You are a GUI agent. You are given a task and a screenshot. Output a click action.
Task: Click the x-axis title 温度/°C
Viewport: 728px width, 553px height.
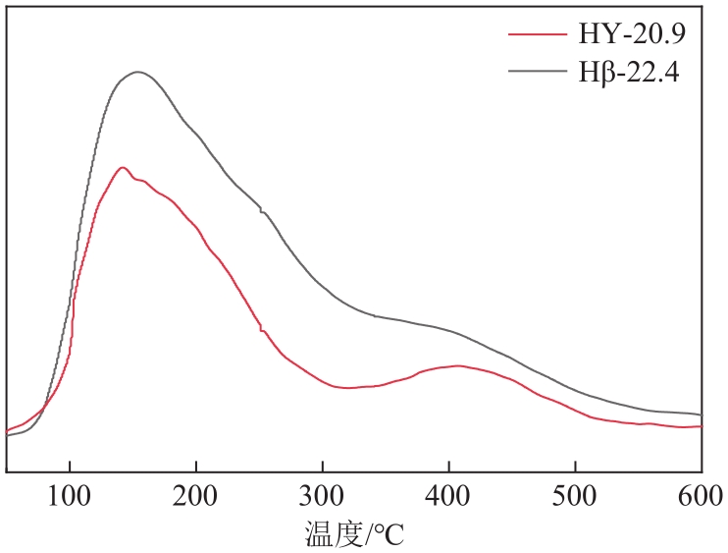coord(354,534)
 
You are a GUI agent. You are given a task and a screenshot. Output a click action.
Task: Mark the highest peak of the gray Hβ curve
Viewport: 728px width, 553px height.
coord(137,72)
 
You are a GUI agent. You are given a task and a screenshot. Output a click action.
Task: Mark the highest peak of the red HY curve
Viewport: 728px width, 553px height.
coord(122,167)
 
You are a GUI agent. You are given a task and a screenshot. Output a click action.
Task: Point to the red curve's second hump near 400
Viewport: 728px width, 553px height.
coord(457,365)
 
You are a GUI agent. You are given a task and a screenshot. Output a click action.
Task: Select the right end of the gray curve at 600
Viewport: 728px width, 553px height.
coord(701,415)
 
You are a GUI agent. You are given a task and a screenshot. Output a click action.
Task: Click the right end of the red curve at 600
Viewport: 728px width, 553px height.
coord(701,426)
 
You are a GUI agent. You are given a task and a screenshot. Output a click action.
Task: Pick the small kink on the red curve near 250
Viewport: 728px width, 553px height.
coord(261,329)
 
